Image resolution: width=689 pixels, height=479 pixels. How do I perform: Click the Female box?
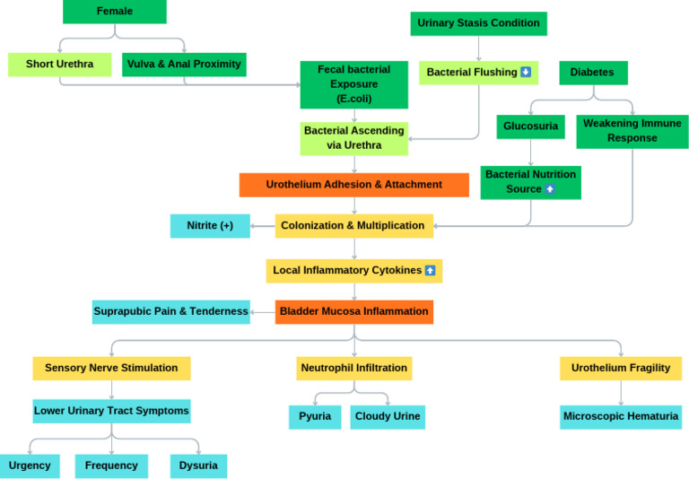(x=115, y=12)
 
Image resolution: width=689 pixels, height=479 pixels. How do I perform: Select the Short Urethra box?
(x=60, y=65)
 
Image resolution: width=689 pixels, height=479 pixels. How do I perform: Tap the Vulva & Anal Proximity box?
(x=184, y=65)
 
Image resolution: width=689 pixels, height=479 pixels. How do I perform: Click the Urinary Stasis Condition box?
(x=478, y=23)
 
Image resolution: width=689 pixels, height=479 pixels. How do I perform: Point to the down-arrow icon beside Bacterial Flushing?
(x=526, y=72)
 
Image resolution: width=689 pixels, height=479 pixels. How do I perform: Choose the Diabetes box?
(x=593, y=73)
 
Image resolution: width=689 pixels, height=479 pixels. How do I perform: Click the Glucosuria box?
(x=530, y=126)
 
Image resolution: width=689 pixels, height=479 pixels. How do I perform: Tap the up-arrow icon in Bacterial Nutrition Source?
(x=550, y=189)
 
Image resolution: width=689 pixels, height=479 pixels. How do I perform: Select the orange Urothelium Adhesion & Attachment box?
(x=354, y=185)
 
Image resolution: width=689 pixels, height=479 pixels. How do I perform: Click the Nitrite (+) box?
(x=210, y=226)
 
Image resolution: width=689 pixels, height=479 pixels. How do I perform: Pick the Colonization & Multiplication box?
(x=354, y=226)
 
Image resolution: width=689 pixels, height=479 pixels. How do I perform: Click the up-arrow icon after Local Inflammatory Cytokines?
(x=431, y=270)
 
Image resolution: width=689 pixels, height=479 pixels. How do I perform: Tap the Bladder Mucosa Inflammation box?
(x=354, y=312)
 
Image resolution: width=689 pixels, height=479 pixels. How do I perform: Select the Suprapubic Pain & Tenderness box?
(x=171, y=312)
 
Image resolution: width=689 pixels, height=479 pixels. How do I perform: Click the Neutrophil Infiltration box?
(x=354, y=369)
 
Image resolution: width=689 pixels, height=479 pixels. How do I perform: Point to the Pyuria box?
(x=315, y=417)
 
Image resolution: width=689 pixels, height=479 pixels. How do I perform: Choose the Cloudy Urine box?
(x=388, y=417)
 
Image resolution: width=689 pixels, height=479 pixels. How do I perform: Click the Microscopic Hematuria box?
(x=621, y=417)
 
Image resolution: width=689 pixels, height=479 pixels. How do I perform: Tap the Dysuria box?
(x=198, y=466)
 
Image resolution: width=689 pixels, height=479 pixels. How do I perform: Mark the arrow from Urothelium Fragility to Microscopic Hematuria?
(x=621, y=393)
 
